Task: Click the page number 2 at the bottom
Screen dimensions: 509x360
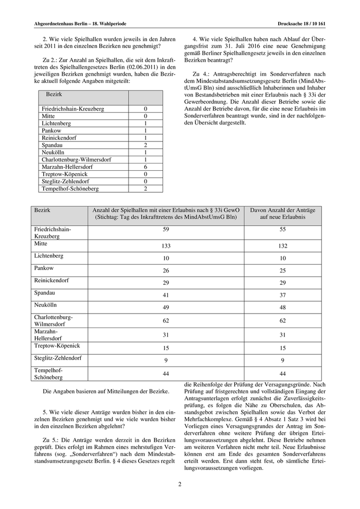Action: (x=180, y=484)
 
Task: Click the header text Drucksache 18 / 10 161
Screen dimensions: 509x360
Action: (x=301, y=24)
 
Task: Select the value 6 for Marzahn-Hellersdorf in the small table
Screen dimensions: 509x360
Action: (x=146, y=167)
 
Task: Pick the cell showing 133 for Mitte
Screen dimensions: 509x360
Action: (x=166, y=247)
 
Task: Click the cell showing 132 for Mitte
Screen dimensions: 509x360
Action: (x=282, y=247)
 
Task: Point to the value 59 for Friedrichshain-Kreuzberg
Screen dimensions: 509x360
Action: (x=166, y=229)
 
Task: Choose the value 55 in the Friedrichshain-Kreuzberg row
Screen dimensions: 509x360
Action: (x=282, y=229)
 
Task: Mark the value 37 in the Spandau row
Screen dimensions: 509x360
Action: (x=282, y=296)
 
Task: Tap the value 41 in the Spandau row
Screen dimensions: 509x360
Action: (x=166, y=296)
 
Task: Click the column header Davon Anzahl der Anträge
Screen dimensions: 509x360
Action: (x=282, y=212)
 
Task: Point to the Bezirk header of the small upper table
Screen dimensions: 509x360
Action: (x=54, y=96)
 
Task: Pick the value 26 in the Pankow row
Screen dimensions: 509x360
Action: (x=166, y=271)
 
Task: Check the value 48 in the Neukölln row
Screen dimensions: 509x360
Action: (x=282, y=308)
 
